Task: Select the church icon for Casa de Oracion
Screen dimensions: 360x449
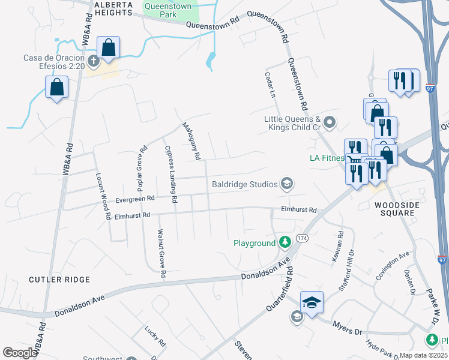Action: (x=93, y=60)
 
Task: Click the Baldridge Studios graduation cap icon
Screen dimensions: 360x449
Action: (x=286, y=184)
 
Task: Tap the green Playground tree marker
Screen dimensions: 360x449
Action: (x=285, y=243)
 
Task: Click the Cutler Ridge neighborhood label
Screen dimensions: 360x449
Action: (x=60, y=280)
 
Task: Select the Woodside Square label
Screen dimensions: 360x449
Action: (x=395, y=209)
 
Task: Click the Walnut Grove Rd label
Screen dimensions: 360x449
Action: (x=161, y=252)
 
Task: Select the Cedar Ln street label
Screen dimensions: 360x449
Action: (x=270, y=85)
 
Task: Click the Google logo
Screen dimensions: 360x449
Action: (x=20, y=353)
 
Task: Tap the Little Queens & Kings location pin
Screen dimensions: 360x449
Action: (x=330, y=123)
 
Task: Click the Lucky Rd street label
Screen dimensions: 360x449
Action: (x=155, y=336)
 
